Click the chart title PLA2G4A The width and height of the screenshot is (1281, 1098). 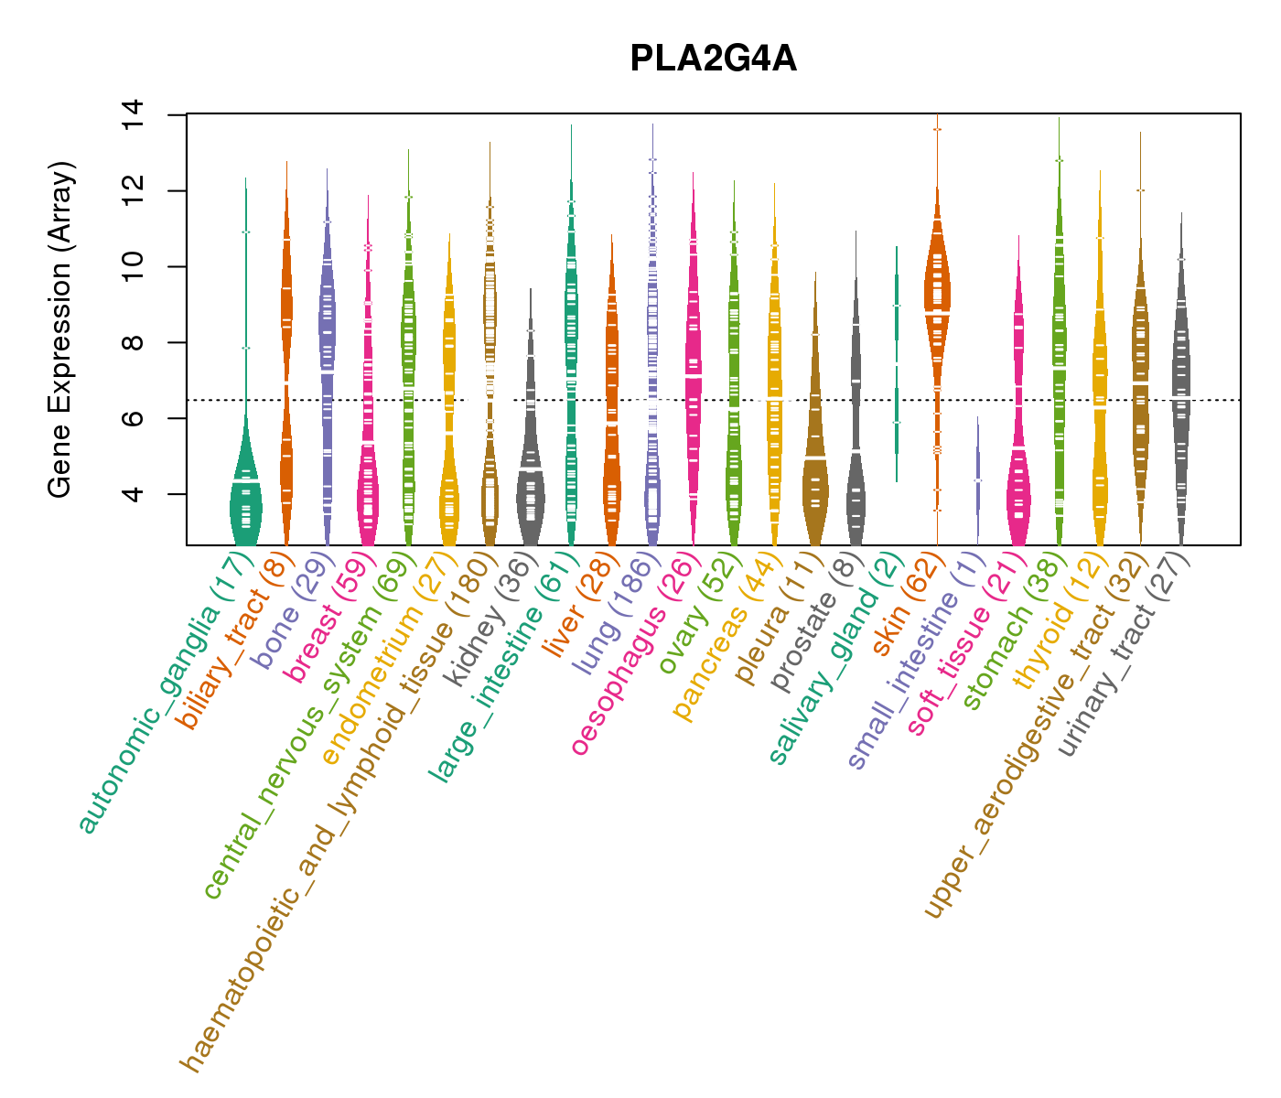click(x=713, y=59)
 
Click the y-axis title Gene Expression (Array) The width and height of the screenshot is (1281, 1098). click(x=60, y=330)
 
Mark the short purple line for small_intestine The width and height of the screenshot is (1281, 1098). click(x=978, y=480)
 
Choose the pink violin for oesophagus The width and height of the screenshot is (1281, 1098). click(x=694, y=366)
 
